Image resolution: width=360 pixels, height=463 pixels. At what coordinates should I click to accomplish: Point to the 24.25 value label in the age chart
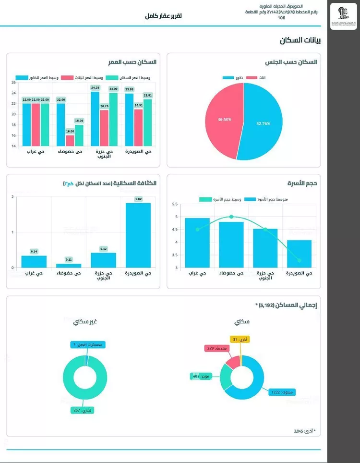(95, 88)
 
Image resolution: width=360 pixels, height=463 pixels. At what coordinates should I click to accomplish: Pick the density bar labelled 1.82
(138, 235)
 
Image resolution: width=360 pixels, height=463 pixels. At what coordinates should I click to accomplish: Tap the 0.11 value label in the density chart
(69, 259)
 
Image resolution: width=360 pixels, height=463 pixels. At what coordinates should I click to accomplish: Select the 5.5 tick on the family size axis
(174, 204)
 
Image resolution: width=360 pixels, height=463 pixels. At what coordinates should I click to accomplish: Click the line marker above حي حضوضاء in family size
(231, 217)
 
